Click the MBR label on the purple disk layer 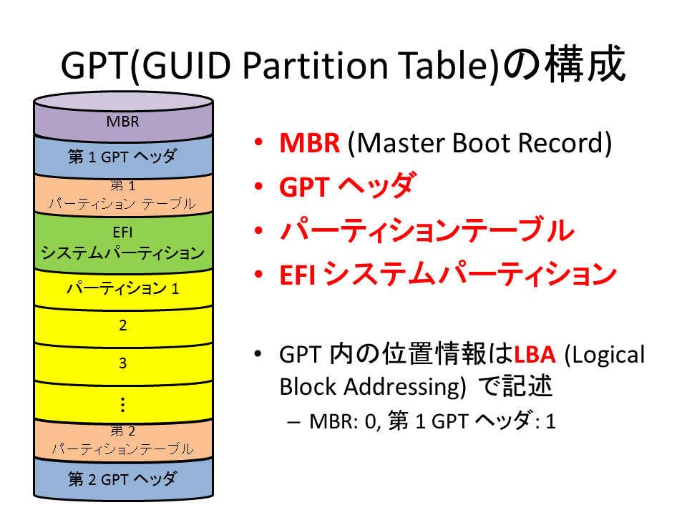[122, 122]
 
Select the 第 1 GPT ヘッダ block [123, 157]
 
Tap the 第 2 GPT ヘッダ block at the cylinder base [123, 479]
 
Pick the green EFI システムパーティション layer [123, 242]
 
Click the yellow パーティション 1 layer [123, 288]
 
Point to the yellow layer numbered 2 [123, 326]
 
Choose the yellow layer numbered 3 [123, 363]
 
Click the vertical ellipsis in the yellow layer [122, 405]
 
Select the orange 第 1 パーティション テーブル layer [123, 195]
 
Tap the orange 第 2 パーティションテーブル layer [123, 440]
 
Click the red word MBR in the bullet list [310, 143]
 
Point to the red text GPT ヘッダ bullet [346, 186]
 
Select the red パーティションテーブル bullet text [427, 230]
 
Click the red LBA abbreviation [535, 355]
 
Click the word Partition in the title [316, 65]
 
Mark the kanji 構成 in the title [585, 64]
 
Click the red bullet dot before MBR [258, 142]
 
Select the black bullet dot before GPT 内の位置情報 [258, 353]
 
